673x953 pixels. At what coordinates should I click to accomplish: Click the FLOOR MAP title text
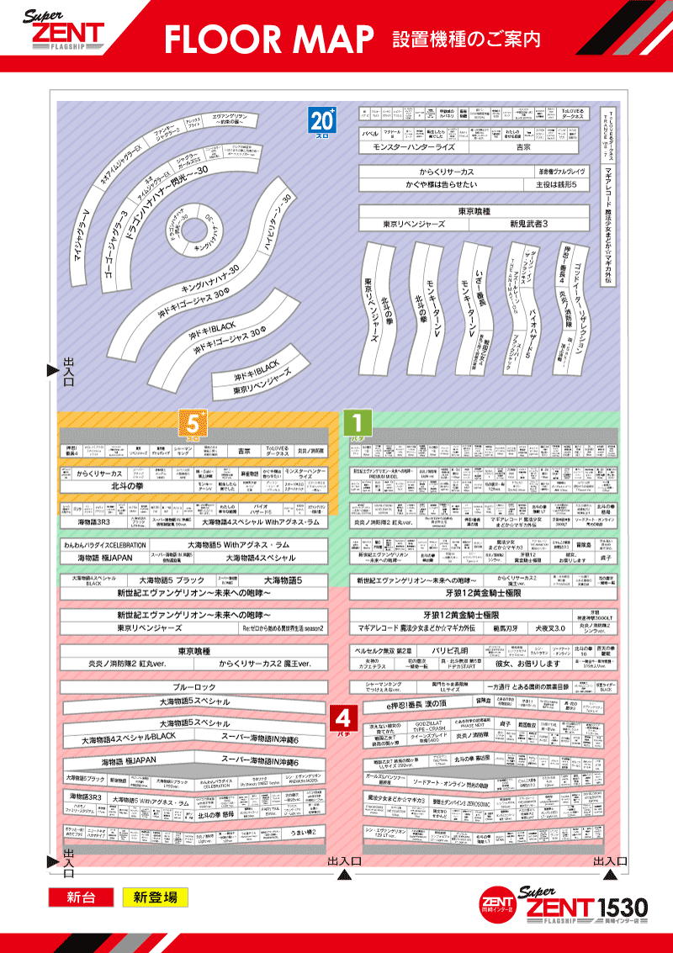[268, 39]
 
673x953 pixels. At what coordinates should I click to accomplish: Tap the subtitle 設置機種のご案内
[465, 39]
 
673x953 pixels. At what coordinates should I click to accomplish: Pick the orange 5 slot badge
[193, 424]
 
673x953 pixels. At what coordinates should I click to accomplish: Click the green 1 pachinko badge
[357, 424]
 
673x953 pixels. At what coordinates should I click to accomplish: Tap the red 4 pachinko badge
[342, 719]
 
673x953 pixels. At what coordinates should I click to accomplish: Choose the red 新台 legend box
[79, 897]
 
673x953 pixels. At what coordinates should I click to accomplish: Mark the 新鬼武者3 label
[528, 225]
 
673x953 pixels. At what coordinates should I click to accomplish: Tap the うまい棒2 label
[302, 833]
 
